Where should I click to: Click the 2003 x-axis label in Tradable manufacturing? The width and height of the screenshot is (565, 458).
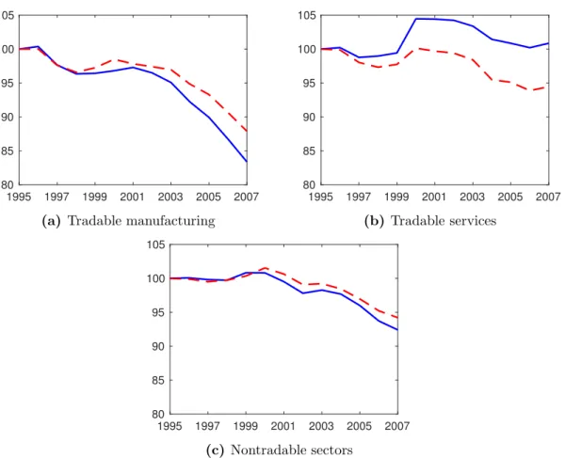(x=170, y=197)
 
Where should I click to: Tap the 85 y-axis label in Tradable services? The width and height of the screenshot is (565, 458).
(x=309, y=151)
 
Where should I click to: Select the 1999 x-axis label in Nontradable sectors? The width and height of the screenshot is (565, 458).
(x=246, y=426)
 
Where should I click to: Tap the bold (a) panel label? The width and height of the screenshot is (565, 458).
(x=52, y=221)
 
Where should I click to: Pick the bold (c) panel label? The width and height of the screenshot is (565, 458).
(x=215, y=450)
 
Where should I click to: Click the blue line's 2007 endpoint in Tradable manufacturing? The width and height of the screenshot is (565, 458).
(x=247, y=162)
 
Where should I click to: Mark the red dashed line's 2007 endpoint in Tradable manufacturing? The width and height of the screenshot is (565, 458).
(x=247, y=132)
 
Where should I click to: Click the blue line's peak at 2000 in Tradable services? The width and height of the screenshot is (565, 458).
(x=416, y=19)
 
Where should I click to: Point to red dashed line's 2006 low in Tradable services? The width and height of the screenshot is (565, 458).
(x=529, y=90)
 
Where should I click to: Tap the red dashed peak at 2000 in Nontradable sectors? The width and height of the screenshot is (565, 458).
(x=265, y=268)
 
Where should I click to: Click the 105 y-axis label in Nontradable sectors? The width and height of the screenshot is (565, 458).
(x=156, y=245)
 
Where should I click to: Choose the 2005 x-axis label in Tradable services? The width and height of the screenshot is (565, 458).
(x=510, y=197)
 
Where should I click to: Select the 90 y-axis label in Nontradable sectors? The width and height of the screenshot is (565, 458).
(x=158, y=346)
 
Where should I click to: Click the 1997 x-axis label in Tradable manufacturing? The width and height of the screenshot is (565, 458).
(x=56, y=197)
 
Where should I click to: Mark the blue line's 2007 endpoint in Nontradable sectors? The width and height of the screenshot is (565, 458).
(x=397, y=329)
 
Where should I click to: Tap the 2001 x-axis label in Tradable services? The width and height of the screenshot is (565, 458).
(x=434, y=197)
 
